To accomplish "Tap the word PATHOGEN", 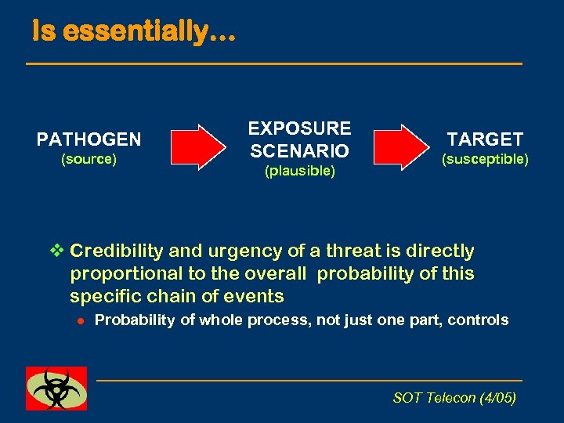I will pyautogui.click(x=89, y=140).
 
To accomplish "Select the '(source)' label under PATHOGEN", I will pyautogui.click(x=89, y=159).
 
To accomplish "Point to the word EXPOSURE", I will pyautogui.click(x=299, y=128).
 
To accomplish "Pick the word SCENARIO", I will pyautogui.click(x=299, y=149).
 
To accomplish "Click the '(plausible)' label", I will pyautogui.click(x=299, y=170).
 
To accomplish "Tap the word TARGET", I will pyautogui.click(x=485, y=139).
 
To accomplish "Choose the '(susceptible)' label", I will pyautogui.click(x=485, y=159).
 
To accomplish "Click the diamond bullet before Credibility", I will pyautogui.click(x=55, y=251).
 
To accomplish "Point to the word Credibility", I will pyautogui.click(x=117, y=251).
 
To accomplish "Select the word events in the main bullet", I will pyautogui.click(x=255, y=296).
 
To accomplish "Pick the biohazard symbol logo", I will pyautogui.click(x=56, y=388).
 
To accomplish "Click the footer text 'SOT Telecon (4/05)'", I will pyautogui.click(x=454, y=398).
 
